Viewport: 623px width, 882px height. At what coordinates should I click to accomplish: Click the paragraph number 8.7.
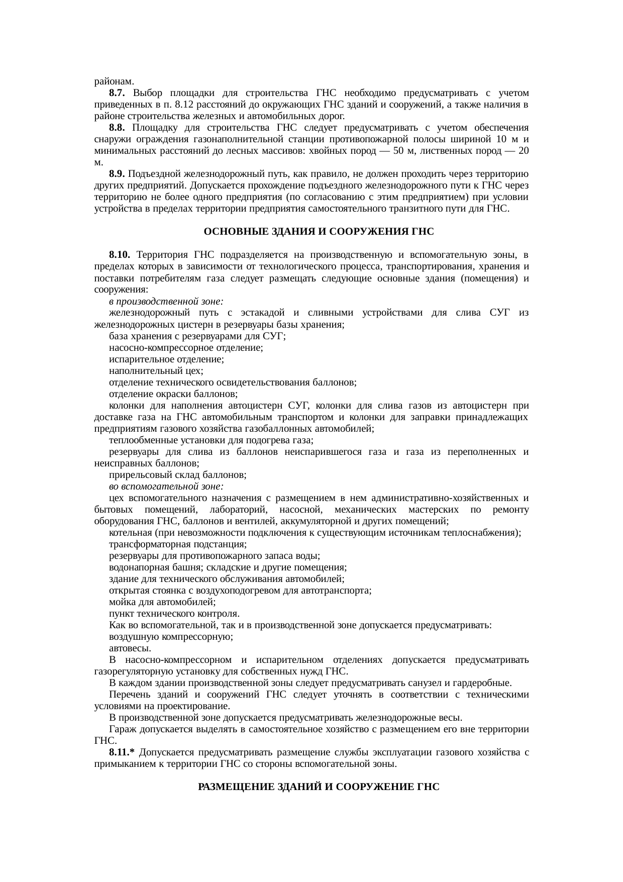pyautogui.click(x=117, y=93)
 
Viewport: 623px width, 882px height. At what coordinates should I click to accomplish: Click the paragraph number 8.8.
pyautogui.click(x=117, y=128)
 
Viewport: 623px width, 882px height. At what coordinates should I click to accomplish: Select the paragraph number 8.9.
pyautogui.click(x=117, y=174)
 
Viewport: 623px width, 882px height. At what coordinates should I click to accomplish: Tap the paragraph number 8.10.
pyautogui.click(x=120, y=255)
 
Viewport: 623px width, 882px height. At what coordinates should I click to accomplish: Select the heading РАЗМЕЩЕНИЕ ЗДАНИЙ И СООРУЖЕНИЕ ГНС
pyautogui.click(x=319, y=787)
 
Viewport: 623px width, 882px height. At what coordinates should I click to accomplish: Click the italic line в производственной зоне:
pyautogui.click(x=166, y=302)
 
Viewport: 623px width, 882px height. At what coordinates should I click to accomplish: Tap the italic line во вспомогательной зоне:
pyautogui.click(x=166, y=486)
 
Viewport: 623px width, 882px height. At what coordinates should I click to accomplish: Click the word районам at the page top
pyautogui.click(x=114, y=81)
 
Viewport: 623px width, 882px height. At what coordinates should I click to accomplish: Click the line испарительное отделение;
pyautogui.click(x=166, y=359)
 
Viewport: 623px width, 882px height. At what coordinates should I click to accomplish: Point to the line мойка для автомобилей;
pyautogui.click(x=162, y=602)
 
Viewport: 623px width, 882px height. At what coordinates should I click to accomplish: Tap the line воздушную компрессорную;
pyautogui.click(x=171, y=637)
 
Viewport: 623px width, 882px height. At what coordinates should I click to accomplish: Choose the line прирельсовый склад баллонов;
pyautogui.click(x=177, y=475)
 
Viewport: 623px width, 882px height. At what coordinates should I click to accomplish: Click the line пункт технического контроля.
pyautogui.click(x=174, y=614)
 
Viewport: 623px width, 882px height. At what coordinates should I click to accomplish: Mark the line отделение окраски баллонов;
pyautogui.click(x=173, y=394)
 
